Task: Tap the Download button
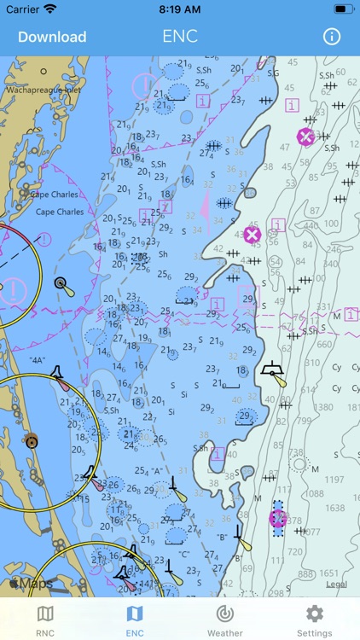click(x=52, y=37)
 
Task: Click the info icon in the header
click(x=331, y=37)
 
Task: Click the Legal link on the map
click(x=337, y=585)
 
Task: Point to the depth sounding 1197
click(x=335, y=480)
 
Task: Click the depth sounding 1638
click(x=335, y=509)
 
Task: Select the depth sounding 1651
click(x=328, y=574)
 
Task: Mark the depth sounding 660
click(x=325, y=346)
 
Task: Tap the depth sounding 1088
click(x=314, y=493)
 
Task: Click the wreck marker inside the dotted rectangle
click(x=277, y=518)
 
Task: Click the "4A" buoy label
click(x=37, y=360)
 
